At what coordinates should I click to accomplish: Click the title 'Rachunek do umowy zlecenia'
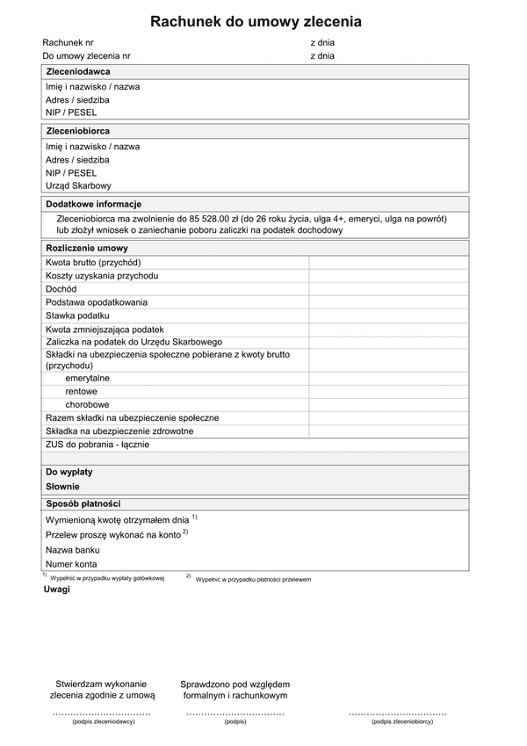256,22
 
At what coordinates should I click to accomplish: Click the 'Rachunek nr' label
68,42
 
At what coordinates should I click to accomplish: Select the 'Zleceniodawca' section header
78,71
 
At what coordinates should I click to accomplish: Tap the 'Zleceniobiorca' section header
78,130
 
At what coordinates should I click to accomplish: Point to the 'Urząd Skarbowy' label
78,185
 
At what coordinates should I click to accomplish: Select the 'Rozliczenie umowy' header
86,248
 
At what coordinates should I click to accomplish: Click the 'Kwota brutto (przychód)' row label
93,262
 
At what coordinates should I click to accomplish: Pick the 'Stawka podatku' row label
77,315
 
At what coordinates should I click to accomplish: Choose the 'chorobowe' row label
86,404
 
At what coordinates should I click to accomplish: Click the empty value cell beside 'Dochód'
388,288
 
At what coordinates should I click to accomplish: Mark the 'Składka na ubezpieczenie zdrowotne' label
119,431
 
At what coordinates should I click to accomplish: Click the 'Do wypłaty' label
69,472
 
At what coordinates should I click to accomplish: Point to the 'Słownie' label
62,486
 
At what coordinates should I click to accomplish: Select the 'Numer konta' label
71,564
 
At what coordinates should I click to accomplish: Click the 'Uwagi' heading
56,589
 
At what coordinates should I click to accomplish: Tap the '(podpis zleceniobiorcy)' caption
401,721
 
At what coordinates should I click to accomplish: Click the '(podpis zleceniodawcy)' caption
104,721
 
